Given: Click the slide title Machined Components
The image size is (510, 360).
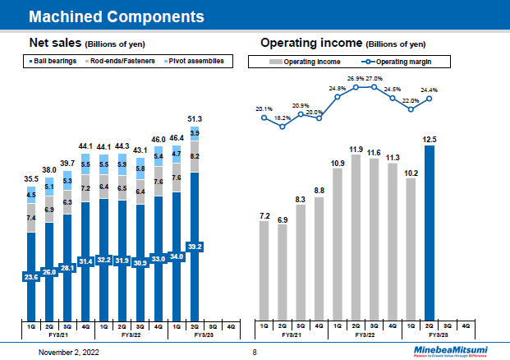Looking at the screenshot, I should (117, 16).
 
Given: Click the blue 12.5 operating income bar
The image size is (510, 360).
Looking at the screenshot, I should (429, 230).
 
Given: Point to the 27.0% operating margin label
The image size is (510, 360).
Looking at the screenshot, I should (374, 79).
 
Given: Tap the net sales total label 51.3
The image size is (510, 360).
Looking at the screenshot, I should (195, 120).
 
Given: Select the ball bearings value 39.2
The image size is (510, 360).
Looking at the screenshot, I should (195, 246).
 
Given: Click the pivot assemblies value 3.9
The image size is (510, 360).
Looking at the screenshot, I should (195, 133).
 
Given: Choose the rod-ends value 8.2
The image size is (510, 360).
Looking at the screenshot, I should (195, 155).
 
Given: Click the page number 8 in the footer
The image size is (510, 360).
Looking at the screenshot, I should (255, 352).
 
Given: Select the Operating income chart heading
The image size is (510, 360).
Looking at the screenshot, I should (342, 43).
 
